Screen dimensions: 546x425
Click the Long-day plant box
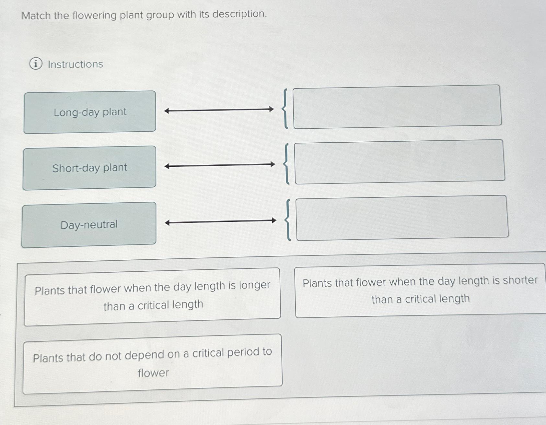pos(90,112)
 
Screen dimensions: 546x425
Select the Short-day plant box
pos(89,168)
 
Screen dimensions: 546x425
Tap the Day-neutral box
pos(89,225)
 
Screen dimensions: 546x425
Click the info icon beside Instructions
pos(36,64)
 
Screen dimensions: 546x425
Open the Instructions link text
pos(75,64)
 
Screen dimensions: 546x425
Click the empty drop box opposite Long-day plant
pos(397,107)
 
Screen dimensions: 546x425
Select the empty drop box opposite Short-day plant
pos(399,161)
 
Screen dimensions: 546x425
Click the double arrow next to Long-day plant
pos(219,110)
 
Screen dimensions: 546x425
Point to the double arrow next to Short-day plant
pos(220,165)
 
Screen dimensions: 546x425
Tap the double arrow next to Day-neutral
pos(220,221)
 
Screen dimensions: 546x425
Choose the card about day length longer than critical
pos(152,296)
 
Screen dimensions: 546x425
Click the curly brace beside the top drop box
pos(285,109)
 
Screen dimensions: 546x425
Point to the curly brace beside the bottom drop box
pos(288,220)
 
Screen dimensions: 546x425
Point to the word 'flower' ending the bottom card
pos(153,373)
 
